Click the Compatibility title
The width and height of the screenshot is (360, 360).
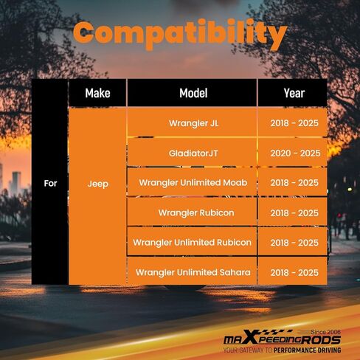click(x=180, y=35)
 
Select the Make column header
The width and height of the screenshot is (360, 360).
click(x=97, y=93)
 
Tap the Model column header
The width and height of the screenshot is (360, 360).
click(x=193, y=93)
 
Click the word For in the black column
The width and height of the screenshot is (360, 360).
click(x=50, y=183)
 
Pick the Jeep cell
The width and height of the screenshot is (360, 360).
click(x=97, y=196)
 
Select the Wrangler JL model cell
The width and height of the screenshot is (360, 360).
click(x=193, y=122)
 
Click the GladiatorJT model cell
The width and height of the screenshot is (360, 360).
click(x=193, y=153)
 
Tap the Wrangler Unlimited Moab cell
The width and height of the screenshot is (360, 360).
click(x=193, y=182)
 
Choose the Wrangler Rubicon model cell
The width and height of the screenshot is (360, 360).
click(x=193, y=212)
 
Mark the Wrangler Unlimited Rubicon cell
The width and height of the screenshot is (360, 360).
click(x=193, y=242)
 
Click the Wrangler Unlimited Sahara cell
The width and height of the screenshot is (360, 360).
click(x=193, y=271)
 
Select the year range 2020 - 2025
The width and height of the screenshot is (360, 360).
click(x=295, y=153)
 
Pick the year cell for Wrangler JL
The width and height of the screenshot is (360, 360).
click(x=293, y=122)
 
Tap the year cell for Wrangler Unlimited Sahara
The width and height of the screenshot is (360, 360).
click(x=293, y=271)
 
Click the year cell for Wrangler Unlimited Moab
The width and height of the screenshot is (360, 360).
click(x=293, y=182)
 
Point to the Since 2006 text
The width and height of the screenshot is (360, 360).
click(x=325, y=332)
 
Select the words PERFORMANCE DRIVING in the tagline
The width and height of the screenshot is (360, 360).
click(x=307, y=350)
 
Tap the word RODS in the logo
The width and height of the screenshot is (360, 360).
click(x=321, y=340)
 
